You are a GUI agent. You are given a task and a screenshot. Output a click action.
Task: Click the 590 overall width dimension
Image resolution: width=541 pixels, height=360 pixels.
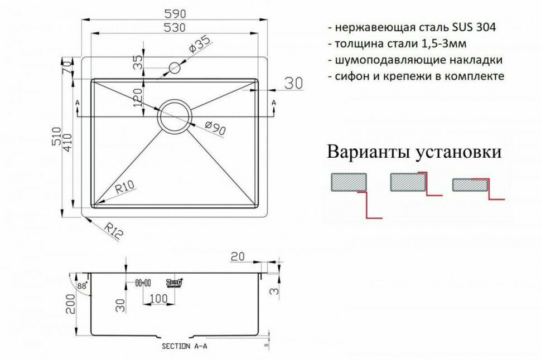[175, 13]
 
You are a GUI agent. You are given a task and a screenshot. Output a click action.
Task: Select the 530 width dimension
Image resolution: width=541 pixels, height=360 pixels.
[175, 27]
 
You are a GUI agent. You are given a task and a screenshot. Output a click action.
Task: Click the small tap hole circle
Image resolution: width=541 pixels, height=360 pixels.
[174, 69]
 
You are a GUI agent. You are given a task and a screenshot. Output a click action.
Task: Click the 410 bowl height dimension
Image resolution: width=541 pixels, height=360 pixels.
[78, 144]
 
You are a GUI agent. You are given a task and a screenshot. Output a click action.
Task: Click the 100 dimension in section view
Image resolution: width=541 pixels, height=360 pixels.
[158, 299]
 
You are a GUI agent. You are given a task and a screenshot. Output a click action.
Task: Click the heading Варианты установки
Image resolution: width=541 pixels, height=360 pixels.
[414, 152]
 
